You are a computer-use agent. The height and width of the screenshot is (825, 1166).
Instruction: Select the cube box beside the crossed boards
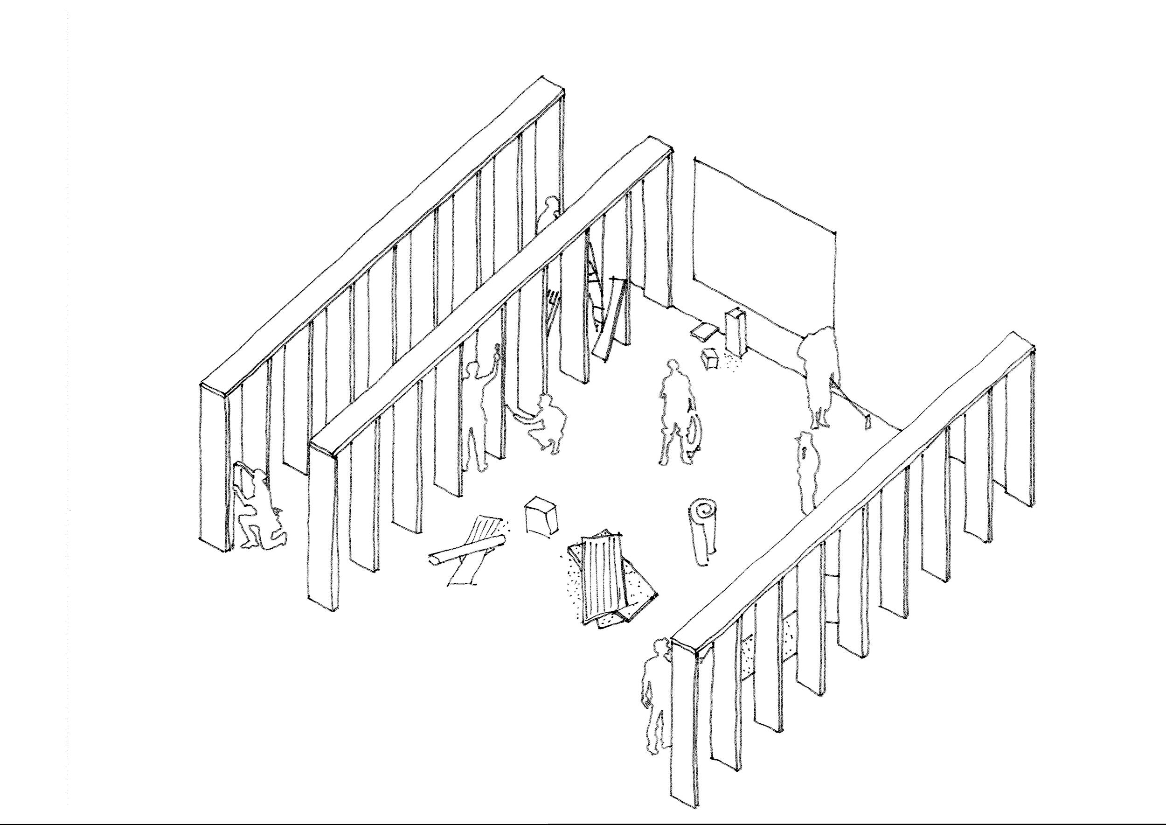pyautogui.click(x=541, y=516)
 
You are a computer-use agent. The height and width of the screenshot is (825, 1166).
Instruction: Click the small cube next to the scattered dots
pyautogui.click(x=710, y=358)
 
